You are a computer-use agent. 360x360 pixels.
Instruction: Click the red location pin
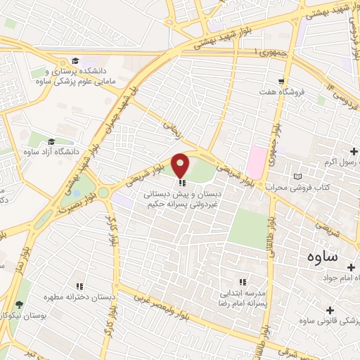coord(181,165)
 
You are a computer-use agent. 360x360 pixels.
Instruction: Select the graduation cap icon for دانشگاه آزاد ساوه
coord(51,142)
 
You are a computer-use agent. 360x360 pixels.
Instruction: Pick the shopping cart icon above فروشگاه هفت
coord(281,81)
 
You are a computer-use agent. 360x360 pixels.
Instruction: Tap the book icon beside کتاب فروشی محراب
coord(298,176)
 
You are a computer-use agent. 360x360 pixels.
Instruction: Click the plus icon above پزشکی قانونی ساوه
coord(330,309)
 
